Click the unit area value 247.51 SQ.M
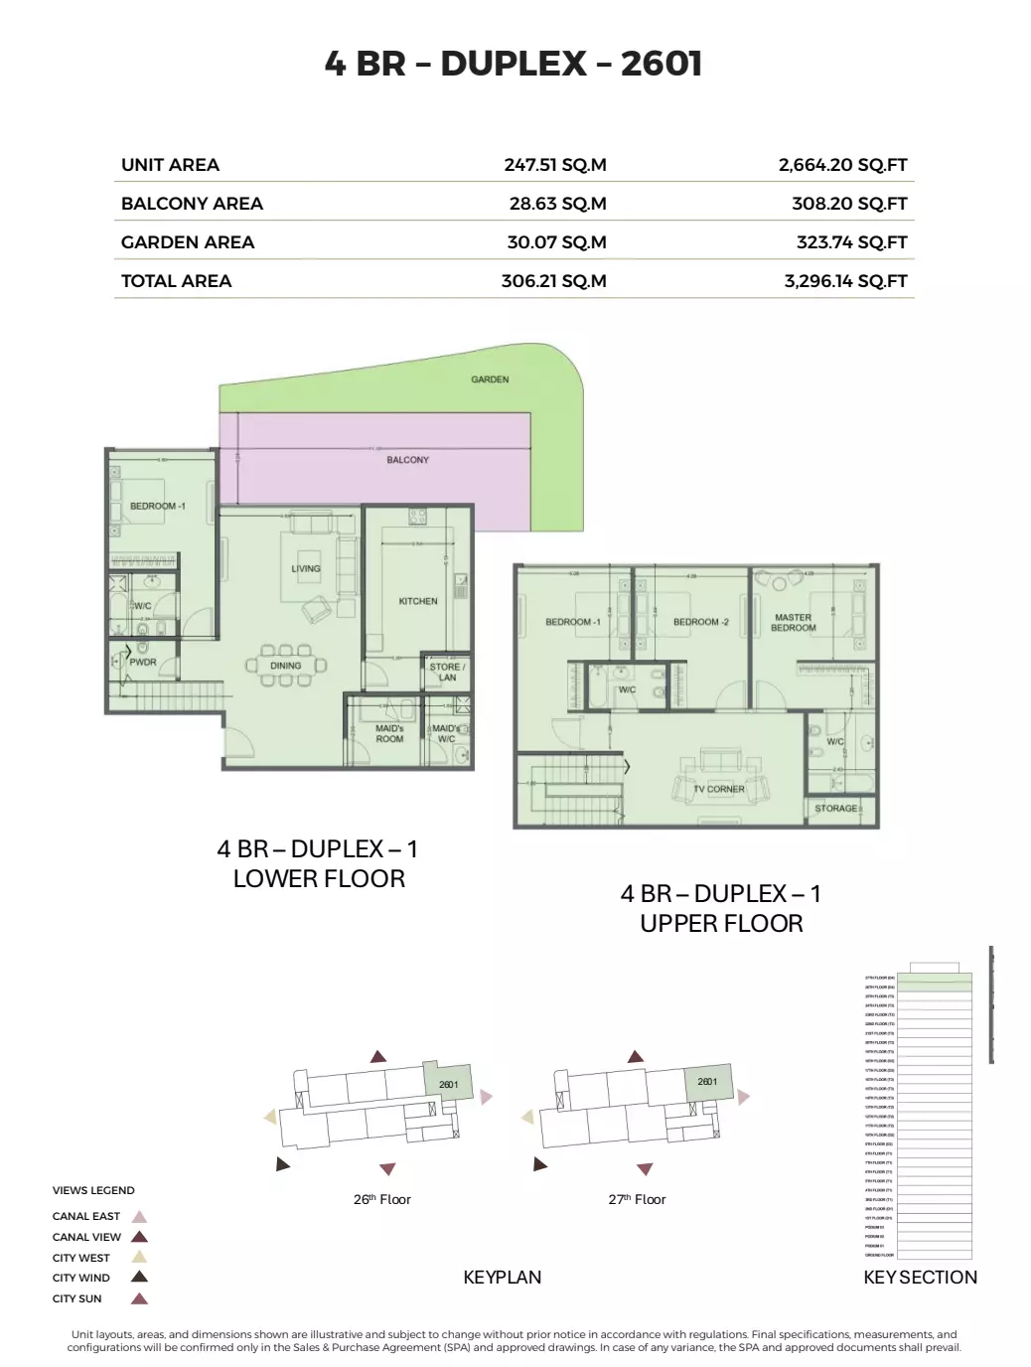[554, 165]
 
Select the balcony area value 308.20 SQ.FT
[849, 204]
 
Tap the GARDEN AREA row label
[188, 242]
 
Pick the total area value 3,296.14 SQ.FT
[845, 281]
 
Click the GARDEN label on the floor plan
[490, 380]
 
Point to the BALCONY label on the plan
[407, 460]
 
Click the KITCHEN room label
[417, 601]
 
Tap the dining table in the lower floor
[286, 666]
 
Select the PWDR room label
[143, 662]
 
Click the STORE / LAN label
[447, 672]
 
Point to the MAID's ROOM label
[389, 733]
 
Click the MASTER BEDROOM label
[793, 623]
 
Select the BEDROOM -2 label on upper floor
[700, 622]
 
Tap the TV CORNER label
[719, 789]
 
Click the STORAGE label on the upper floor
[835, 809]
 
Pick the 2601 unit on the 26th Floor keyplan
[448, 1083]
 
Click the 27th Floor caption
[637, 1199]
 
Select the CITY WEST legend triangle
[140, 1258]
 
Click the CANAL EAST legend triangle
[140, 1216]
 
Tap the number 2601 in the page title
[661, 64]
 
